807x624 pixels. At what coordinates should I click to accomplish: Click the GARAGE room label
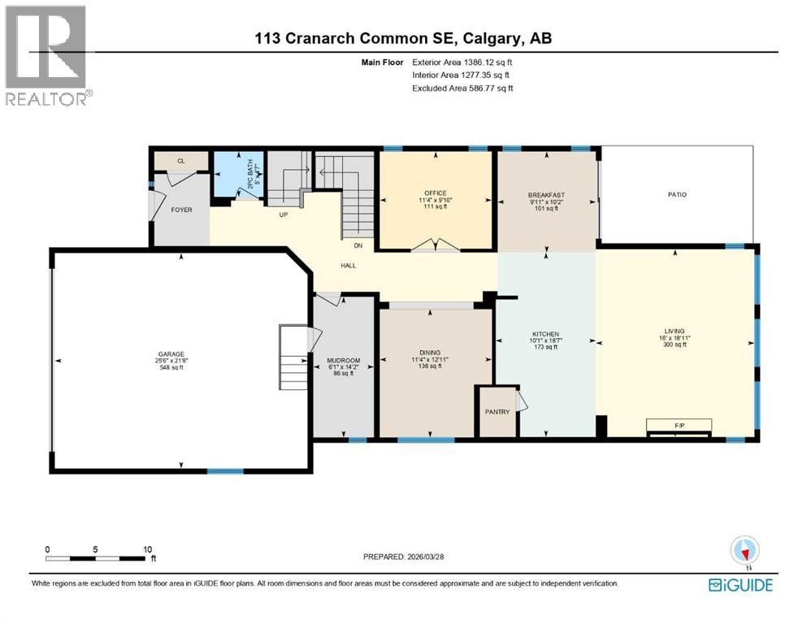pos(171,353)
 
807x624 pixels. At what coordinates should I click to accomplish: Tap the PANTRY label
pos(497,412)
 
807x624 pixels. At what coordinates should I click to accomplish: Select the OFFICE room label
pos(435,193)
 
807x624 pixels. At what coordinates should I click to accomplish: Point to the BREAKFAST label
pos(545,195)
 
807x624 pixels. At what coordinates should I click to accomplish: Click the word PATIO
pos(677,194)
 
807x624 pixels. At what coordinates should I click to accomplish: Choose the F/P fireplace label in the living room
pos(679,424)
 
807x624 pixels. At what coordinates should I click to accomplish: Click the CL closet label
pos(180,162)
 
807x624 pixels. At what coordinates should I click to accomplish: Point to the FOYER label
pos(181,210)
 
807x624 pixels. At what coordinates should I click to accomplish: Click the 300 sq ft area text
pos(675,344)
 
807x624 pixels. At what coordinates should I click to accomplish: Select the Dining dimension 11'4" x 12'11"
pos(435,358)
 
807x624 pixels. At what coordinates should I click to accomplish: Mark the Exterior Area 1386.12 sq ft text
pos(462,61)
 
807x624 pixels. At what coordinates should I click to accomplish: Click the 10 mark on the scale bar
pos(147,549)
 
